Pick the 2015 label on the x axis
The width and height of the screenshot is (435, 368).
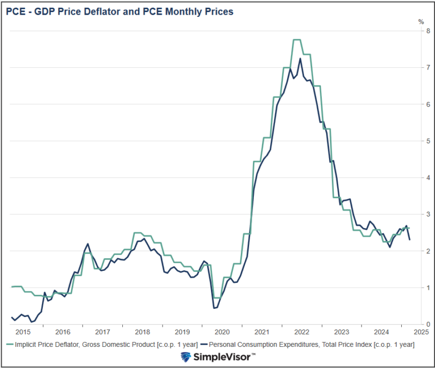[23, 332]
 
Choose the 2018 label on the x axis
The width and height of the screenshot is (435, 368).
[142, 332]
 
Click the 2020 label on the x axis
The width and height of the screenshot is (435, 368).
[221, 332]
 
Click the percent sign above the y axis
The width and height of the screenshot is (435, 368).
[420, 22]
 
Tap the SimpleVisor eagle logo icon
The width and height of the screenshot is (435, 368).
[186, 357]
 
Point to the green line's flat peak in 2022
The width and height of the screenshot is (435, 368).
[297, 40]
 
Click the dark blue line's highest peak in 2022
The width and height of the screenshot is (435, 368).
[300, 58]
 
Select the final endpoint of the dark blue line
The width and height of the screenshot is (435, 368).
[409, 239]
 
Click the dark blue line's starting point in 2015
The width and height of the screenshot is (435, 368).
[11, 317]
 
